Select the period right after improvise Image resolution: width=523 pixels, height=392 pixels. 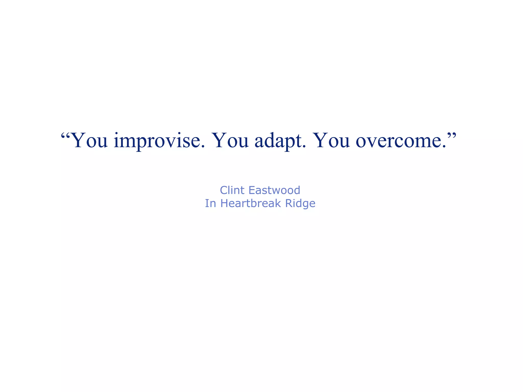pos(203,147)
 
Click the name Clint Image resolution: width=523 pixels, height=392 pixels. pos(232,190)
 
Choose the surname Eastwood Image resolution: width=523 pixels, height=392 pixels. pos(274,190)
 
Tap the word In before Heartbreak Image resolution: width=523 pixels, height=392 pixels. pos(210,203)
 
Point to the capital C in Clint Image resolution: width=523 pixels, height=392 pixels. pos(224,190)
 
